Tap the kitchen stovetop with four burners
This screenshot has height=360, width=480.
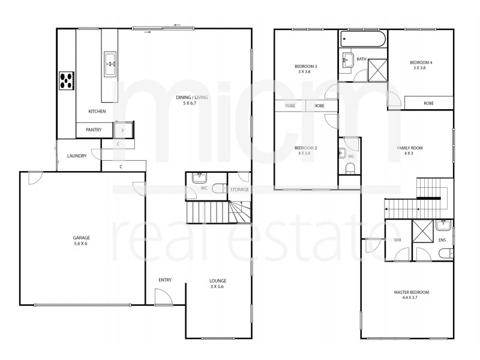[x=67, y=80]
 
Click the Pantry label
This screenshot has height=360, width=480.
[x=94, y=130]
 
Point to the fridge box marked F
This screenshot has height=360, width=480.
[x=123, y=130]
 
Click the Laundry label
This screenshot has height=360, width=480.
[x=77, y=156]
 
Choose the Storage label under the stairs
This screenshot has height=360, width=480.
[x=239, y=190]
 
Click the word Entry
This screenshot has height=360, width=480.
[x=166, y=280]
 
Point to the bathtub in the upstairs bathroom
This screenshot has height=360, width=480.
[x=362, y=41]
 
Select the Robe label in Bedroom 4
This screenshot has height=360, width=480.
[x=428, y=103]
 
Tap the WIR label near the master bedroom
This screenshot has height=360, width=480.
[x=397, y=240]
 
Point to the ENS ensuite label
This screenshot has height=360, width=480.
[x=442, y=240]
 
